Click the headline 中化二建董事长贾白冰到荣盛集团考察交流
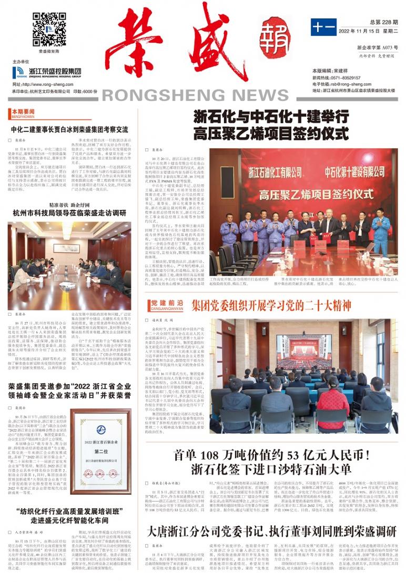[x=69, y=129]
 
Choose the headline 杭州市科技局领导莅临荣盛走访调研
[x=69, y=213]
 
